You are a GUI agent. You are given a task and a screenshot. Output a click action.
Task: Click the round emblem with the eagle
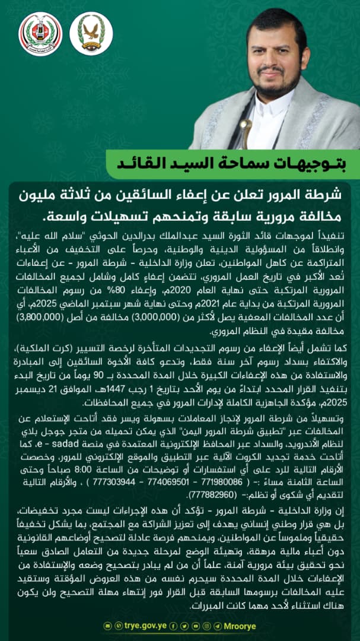91,33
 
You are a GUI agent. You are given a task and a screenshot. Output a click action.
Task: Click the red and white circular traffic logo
40,33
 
